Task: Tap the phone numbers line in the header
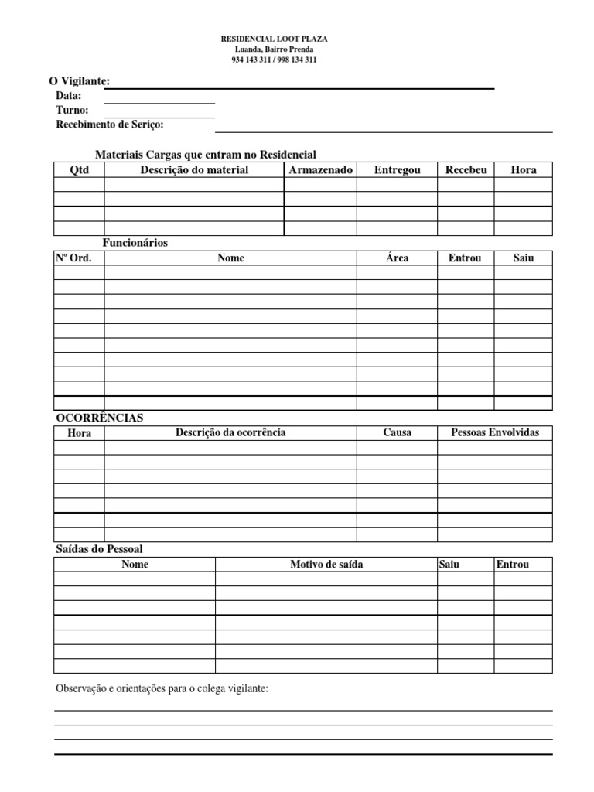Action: point(274,60)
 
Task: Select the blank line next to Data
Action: point(159,102)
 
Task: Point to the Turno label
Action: point(72,110)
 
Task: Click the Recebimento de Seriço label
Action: point(110,125)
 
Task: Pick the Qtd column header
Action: point(79,170)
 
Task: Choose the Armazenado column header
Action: point(320,170)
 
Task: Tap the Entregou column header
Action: point(397,170)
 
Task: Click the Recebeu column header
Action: point(466,170)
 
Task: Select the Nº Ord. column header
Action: point(73,258)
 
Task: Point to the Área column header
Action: point(397,258)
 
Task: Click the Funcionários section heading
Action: point(135,243)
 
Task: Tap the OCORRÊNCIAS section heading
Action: point(100,418)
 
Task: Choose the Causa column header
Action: point(397,432)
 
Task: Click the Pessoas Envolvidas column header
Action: point(495,432)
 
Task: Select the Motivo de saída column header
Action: point(326,565)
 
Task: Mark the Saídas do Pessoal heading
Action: point(99,549)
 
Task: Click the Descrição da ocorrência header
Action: point(230,432)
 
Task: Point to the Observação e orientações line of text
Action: point(162,688)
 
